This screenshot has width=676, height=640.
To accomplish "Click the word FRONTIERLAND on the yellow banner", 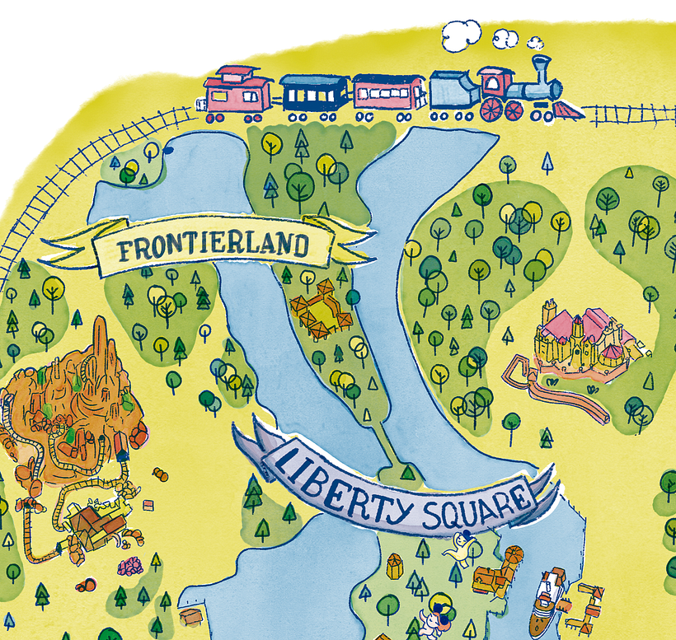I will click(x=213, y=246).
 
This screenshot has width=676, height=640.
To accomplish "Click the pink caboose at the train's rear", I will click(x=238, y=91).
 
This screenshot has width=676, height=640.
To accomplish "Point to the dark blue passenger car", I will click(x=314, y=93).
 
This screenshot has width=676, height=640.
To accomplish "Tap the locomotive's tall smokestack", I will click(x=542, y=70).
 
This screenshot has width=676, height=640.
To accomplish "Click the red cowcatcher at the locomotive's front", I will click(x=569, y=110).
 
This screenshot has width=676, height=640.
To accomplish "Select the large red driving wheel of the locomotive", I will click(x=492, y=110).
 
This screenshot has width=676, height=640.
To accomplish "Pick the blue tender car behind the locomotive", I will click(x=453, y=91).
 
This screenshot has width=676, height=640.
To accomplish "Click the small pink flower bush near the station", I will click(x=129, y=567).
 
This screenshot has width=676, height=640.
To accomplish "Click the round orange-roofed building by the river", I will click(x=512, y=558).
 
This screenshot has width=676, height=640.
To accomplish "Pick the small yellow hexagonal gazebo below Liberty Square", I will click(x=395, y=566).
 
